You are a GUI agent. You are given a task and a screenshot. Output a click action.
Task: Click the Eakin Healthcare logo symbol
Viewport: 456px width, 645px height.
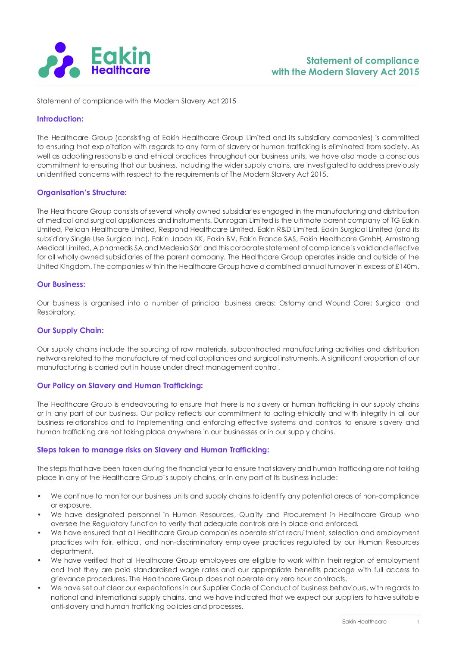[x=59, y=60]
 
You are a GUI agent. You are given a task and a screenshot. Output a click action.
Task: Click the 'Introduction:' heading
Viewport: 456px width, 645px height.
[x=60, y=119]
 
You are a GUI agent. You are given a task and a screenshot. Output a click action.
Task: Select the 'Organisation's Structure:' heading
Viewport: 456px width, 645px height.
[x=82, y=193]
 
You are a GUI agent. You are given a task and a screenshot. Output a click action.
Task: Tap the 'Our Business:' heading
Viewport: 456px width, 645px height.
[x=61, y=284]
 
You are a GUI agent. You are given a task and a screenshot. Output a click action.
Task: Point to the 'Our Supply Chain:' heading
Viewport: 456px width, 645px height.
[x=70, y=330]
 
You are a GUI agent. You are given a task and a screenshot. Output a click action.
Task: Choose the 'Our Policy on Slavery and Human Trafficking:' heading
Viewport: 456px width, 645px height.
[x=120, y=386]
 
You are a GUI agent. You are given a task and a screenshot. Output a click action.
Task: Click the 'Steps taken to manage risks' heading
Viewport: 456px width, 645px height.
[x=153, y=450]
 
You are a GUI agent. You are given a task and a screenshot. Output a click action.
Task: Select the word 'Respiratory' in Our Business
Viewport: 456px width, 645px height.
[x=56, y=312]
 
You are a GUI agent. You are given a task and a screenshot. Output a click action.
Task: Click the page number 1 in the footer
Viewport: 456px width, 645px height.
[x=418, y=622]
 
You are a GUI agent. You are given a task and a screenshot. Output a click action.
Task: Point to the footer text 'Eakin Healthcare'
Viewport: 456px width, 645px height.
[x=364, y=622]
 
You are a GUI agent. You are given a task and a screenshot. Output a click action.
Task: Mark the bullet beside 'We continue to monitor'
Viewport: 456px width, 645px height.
[x=39, y=496]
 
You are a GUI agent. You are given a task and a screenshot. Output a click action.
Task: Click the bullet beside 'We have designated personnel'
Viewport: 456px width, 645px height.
[x=39, y=514]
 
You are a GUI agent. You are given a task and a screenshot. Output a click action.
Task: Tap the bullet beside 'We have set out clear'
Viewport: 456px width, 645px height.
[x=39, y=588]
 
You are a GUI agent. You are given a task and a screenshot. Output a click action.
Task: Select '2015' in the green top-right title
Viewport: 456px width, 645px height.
[x=409, y=72]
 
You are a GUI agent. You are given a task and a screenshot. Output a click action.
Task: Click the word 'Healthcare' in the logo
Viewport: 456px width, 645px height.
[x=121, y=70]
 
